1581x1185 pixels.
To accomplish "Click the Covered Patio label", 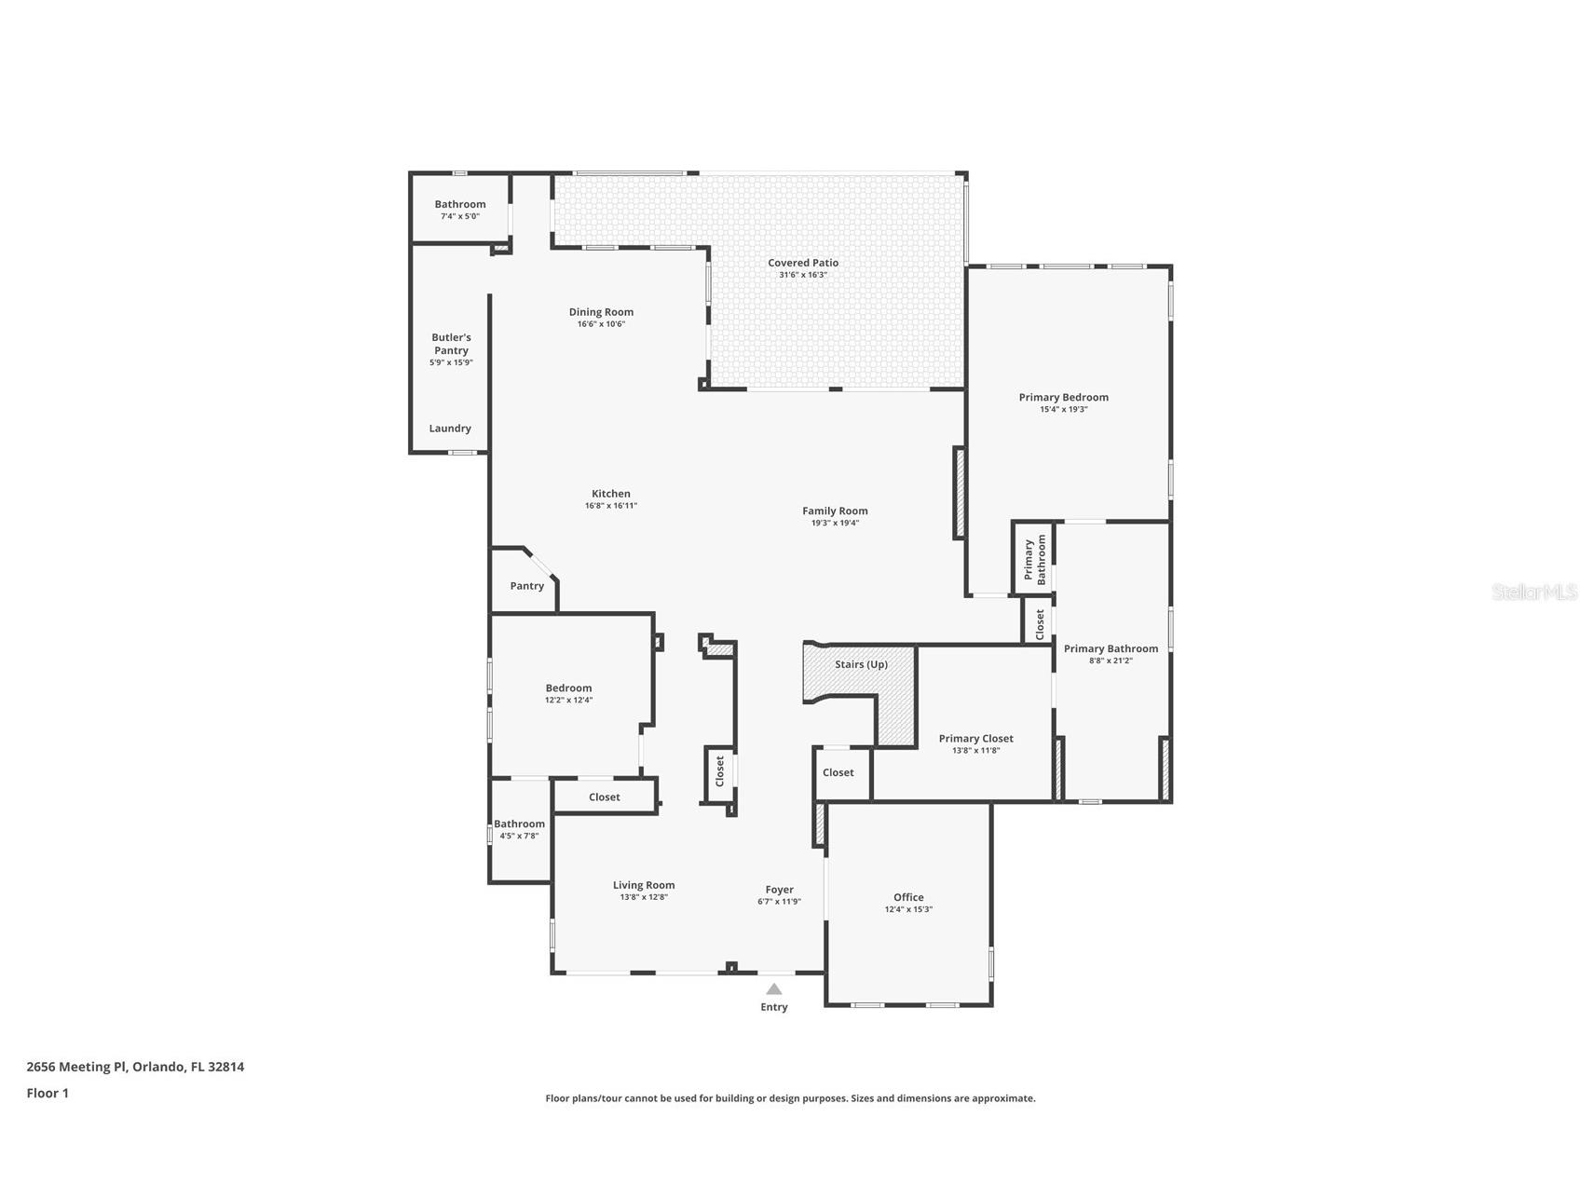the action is tap(803, 263).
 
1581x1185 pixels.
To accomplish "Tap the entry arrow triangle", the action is tap(774, 989).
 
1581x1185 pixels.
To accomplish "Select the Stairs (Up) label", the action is tap(861, 664).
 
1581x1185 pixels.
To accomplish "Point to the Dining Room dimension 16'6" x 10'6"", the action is tap(601, 324).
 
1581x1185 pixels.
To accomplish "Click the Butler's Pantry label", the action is tap(451, 344).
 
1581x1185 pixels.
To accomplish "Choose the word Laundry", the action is tap(450, 429).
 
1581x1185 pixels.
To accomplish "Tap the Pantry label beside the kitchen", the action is tap(527, 586).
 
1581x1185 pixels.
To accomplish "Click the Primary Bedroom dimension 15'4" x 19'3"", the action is tap(1064, 409).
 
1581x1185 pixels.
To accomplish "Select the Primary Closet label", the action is tap(976, 739).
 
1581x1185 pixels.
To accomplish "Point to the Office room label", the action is tap(908, 897).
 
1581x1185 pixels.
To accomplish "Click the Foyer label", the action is tap(780, 890).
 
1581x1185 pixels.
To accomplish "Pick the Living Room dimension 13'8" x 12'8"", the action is tap(644, 897).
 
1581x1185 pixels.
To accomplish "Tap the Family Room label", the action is tap(835, 511).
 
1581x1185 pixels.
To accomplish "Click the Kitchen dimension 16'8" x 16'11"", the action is tap(611, 506).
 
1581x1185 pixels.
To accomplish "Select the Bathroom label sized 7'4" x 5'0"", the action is tap(460, 204).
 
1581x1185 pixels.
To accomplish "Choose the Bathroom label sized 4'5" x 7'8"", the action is tap(519, 824).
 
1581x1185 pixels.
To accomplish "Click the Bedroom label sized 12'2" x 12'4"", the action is tap(568, 688).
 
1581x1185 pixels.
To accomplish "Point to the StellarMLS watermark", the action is tap(1534, 592).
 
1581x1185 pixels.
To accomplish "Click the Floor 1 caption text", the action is tap(48, 1093).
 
